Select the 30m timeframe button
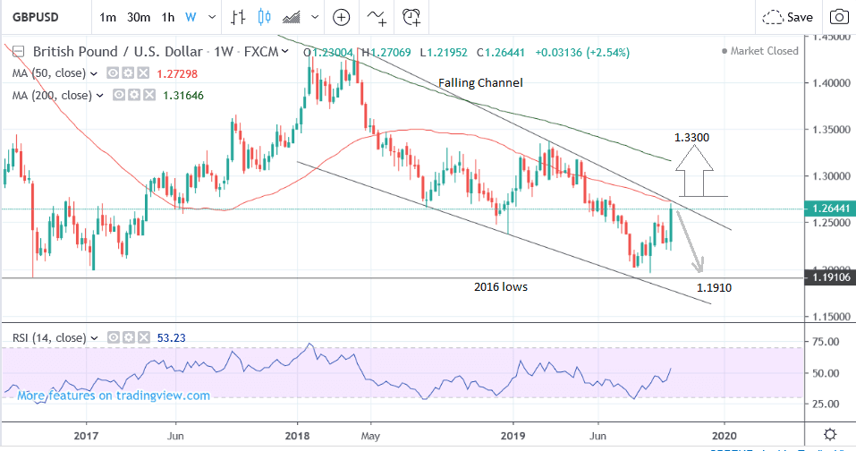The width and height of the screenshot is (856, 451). (138, 17)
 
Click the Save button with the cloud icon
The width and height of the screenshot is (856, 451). (787, 17)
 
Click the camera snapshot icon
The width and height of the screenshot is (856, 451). (838, 17)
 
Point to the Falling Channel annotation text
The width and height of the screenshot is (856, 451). (480, 83)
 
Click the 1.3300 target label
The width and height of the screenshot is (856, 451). (694, 138)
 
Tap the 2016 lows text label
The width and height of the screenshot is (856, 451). (502, 287)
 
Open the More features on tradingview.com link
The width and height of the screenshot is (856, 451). (114, 396)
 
